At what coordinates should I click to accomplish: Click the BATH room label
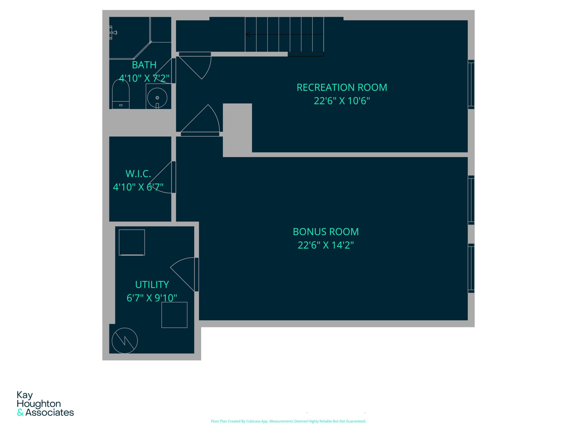(x=144, y=65)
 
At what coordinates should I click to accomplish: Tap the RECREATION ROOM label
(x=342, y=88)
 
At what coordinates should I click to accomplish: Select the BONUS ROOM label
(x=325, y=232)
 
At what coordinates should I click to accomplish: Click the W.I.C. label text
(x=138, y=174)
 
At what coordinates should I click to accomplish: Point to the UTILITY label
(x=152, y=284)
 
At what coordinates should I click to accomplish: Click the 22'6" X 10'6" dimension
(x=342, y=101)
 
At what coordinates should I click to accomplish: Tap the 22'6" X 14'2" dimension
(x=325, y=245)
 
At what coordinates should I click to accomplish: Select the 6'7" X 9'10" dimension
(x=152, y=298)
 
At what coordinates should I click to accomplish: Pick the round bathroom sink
(x=157, y=98)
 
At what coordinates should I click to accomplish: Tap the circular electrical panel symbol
(x=125, y=341)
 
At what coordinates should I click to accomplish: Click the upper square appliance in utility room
(x=132, y=242)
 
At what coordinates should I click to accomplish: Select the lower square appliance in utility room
(x=174, y=315)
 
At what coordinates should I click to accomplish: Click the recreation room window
(x=471, y=84)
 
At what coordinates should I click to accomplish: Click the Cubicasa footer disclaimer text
(x=288, y=421)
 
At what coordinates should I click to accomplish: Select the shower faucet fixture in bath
(x=113, y=33)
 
